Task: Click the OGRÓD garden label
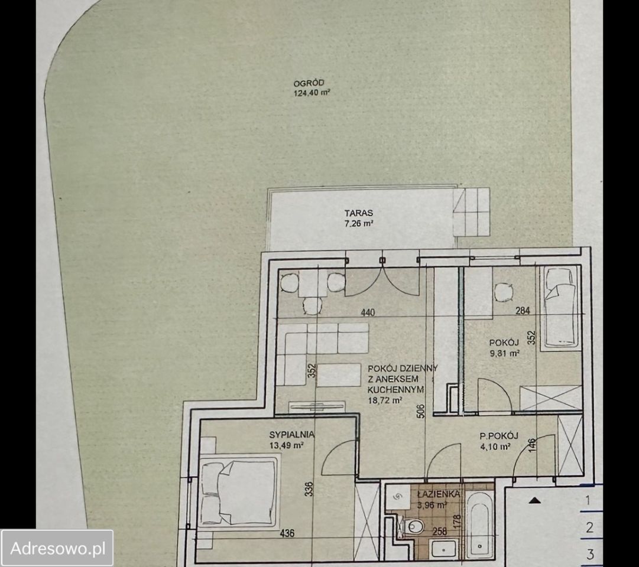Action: point(309,83)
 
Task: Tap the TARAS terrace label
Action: point(359,213)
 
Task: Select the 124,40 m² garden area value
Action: point(312,93)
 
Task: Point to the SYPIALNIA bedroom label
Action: point(291,434)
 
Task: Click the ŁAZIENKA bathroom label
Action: point(439,494)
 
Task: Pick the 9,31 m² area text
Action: point(504,353)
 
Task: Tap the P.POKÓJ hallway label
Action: point(499,436)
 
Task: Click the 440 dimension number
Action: point(368,312)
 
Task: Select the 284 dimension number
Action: point(523,311)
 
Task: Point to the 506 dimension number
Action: point(421,410)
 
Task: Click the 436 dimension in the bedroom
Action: point(287,533)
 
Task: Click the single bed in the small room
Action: point(560,308)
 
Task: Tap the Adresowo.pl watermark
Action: point(57,548)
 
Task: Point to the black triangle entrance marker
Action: point(535,500)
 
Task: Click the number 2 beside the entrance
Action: point(590,528)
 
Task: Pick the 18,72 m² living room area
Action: point(385,400)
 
